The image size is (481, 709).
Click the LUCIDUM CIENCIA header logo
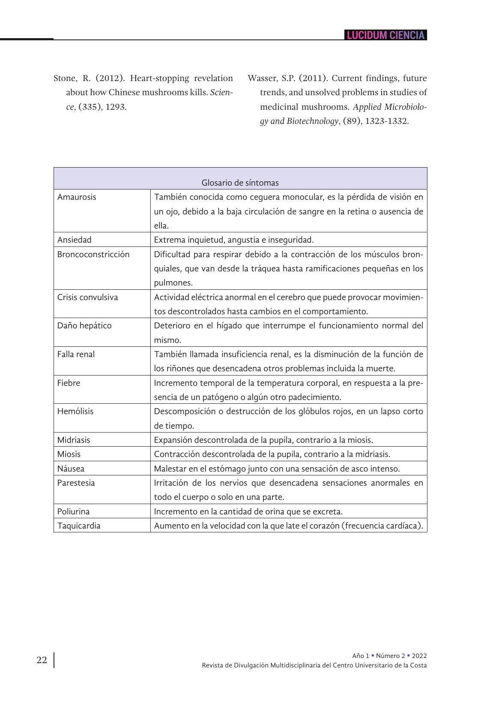click(x=385, y=35)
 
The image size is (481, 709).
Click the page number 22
click(x=42, y=660)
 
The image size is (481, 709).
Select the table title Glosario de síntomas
click(x=240, y=183)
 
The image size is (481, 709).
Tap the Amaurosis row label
click(x=77, y=197)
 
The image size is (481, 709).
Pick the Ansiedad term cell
click(x=75, y=240)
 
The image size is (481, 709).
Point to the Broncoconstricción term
click(x=93, y=254)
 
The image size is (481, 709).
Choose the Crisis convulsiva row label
click(x=87, y=297)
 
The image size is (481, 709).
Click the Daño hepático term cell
click(x=84, y=325)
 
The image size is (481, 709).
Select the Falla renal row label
click(x=76, y=354)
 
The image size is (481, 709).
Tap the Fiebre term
click(x=69, y=383)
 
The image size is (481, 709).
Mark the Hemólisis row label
click(x=75, y=411)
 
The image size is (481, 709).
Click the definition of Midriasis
click(x=263, y=440)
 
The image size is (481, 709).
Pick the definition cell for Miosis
click(x=272, y=454)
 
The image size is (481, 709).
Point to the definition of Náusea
click(x=277, y=469)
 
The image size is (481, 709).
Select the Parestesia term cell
click(x=76, y=483)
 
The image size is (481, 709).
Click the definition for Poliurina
click(x=248, y=511)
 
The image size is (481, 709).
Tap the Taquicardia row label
click(x=79, y=526)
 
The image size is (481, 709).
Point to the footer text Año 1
click(x=360, y=655)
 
